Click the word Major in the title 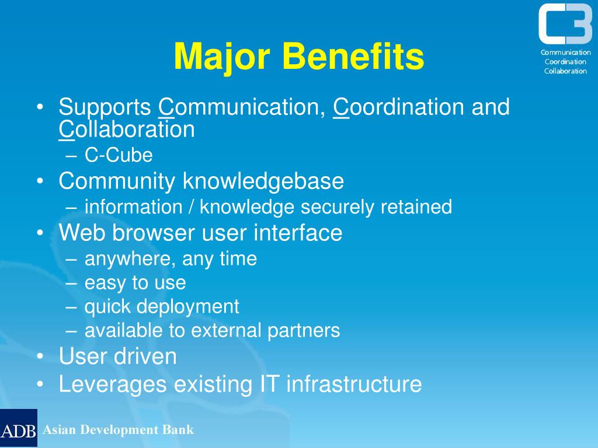tap(222, 57)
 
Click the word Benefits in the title tap(353, 56)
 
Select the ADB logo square tap(19, 428)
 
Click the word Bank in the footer tap(178, 430)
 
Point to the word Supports tap(105, 107)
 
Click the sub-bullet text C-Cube tap(119, 155)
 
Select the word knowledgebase tap(263, 181)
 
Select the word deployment tap(188, 307)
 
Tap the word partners tap(304, 331)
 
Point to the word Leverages tap(113, 384)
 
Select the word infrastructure tap(354, 384)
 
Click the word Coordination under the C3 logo tap(565, 62)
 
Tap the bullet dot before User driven tap(40, 356)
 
